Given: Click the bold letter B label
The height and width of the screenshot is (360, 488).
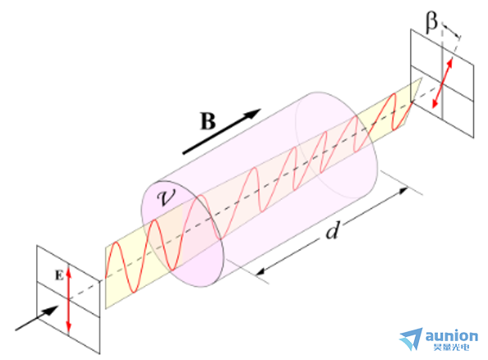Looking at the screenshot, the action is pos(208,121).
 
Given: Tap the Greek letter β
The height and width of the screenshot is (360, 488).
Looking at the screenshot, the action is pos(431,22).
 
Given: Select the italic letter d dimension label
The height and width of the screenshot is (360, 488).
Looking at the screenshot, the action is pos(332,231).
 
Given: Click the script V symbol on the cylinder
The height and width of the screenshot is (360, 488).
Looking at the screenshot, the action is pos(166,196).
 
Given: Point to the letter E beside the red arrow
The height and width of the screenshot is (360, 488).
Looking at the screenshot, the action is pos(59,275).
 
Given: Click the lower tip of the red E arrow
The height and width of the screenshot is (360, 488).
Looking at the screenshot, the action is pos(69,330).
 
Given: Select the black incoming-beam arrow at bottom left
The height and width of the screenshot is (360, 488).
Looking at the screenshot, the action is pos(37,318).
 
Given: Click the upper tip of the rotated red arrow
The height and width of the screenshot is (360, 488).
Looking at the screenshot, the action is pos(451,58).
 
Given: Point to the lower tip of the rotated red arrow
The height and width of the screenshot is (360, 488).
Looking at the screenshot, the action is pos(433,108).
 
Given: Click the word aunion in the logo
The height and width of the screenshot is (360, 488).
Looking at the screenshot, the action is pos(451,336).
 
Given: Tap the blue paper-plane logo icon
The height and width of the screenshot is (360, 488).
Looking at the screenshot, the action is pos(412,339).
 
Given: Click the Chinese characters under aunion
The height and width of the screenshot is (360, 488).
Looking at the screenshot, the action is pos(451,347).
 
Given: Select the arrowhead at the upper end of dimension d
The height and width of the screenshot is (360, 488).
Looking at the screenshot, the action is pos(403,190).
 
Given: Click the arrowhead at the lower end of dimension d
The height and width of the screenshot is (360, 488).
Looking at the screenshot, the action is pos(260,272).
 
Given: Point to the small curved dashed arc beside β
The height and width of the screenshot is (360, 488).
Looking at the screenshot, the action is pos(450,30).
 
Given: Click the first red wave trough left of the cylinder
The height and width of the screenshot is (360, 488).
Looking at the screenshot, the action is pos(134,292).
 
